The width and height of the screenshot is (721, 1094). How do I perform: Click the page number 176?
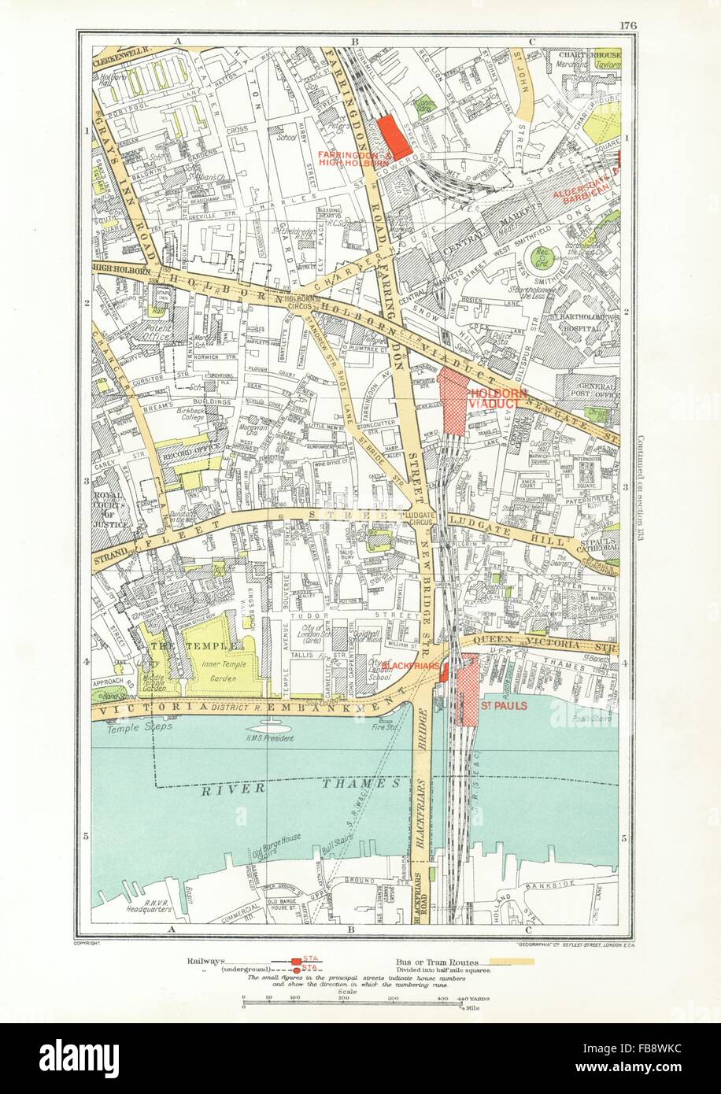pyautogui.click(x=627, y=24)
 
